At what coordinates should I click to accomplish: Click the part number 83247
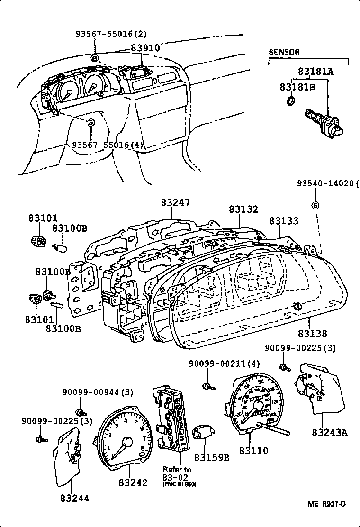pyautogui.click(x=175, y=202)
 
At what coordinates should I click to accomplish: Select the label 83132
pyautogui.click(x=243, y=209)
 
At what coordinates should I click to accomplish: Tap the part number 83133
pyautogui.click(x=284, y=221)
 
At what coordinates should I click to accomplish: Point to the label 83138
pyautogui.click(x=312, y=334)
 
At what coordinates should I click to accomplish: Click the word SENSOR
pyautogui.click(x=284, y=53)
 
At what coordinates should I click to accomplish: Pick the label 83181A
pyautogui.click(x=315, y=72)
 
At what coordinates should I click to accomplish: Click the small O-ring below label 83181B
pyautogui.click(x=292, y=100)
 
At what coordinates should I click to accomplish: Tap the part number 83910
pyautogui.click(x=145, y=48)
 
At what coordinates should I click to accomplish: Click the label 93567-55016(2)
pyautogui.click(x=111, y=34)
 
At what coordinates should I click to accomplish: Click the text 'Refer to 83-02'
pyautogui.click(x=177, y=472)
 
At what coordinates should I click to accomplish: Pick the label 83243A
pyautogui.click(x=330, y=432)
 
